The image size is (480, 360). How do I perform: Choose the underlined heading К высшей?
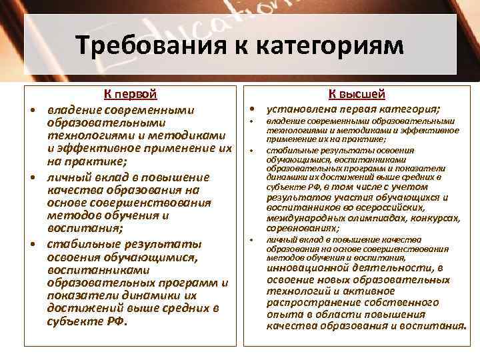coord(357,94)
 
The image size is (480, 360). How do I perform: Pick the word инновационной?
coord(308,268)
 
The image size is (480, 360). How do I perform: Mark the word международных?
coord(300,218)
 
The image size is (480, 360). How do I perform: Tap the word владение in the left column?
coord(73,109)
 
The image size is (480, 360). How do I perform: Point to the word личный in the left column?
coord(67,177)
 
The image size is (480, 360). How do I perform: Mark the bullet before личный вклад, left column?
coord(32,178)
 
